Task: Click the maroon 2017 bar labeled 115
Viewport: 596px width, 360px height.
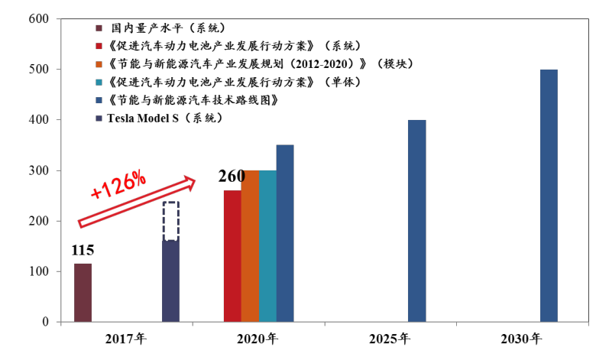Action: tap(83, 293)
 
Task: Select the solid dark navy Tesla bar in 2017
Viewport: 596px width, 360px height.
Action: tap(170, 281)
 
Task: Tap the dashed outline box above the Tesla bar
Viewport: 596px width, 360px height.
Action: tap(170, 221)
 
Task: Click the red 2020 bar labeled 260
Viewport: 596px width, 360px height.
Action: tap(232, 256)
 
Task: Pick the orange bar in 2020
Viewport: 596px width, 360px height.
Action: tap(250, 246)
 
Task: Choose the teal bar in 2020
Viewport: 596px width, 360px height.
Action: tap(267, 246)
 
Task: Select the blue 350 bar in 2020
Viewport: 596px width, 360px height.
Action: tap(285, 233)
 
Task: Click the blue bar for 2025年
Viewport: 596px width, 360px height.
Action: tap(416, 221)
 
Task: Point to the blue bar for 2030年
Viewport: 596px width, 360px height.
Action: tap(549, 196)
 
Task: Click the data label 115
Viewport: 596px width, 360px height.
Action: tap(83, 251)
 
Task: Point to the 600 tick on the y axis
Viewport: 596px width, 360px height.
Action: tap(39, 19)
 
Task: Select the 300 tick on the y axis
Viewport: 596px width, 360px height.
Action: tap(39, 170)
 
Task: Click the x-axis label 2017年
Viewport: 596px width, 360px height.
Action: tap(127, 339)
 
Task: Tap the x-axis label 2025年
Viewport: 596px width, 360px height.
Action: tap(390, 339)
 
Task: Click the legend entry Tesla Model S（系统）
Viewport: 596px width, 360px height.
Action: tap(165, 118)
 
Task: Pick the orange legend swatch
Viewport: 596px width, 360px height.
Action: tap(99, 63)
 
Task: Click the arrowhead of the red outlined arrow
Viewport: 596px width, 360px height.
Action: tap(208, 182)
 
